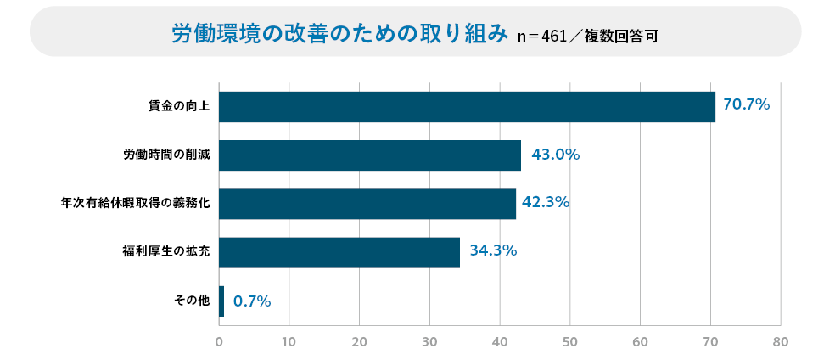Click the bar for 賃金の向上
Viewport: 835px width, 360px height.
tap(467, 107)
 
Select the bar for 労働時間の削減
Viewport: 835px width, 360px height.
tap(370, 155)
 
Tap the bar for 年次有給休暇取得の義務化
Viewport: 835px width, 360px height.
tap(367, 204)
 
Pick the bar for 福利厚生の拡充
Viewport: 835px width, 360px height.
tap(339, 252)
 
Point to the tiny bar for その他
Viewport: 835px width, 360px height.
tap(221, 301)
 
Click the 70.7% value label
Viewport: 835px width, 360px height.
tap(746, 105)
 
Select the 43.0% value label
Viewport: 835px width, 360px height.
tap(555, 155)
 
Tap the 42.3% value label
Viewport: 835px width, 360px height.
tap(545, 202)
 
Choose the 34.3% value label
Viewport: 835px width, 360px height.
tap(493, 250)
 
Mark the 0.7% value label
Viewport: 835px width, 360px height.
tap(252, 301)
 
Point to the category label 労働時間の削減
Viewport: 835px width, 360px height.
tap(166, 155)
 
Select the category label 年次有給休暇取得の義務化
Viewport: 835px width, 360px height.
tap(135, 204)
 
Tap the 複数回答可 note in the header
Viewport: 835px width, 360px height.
tap(621, 37)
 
